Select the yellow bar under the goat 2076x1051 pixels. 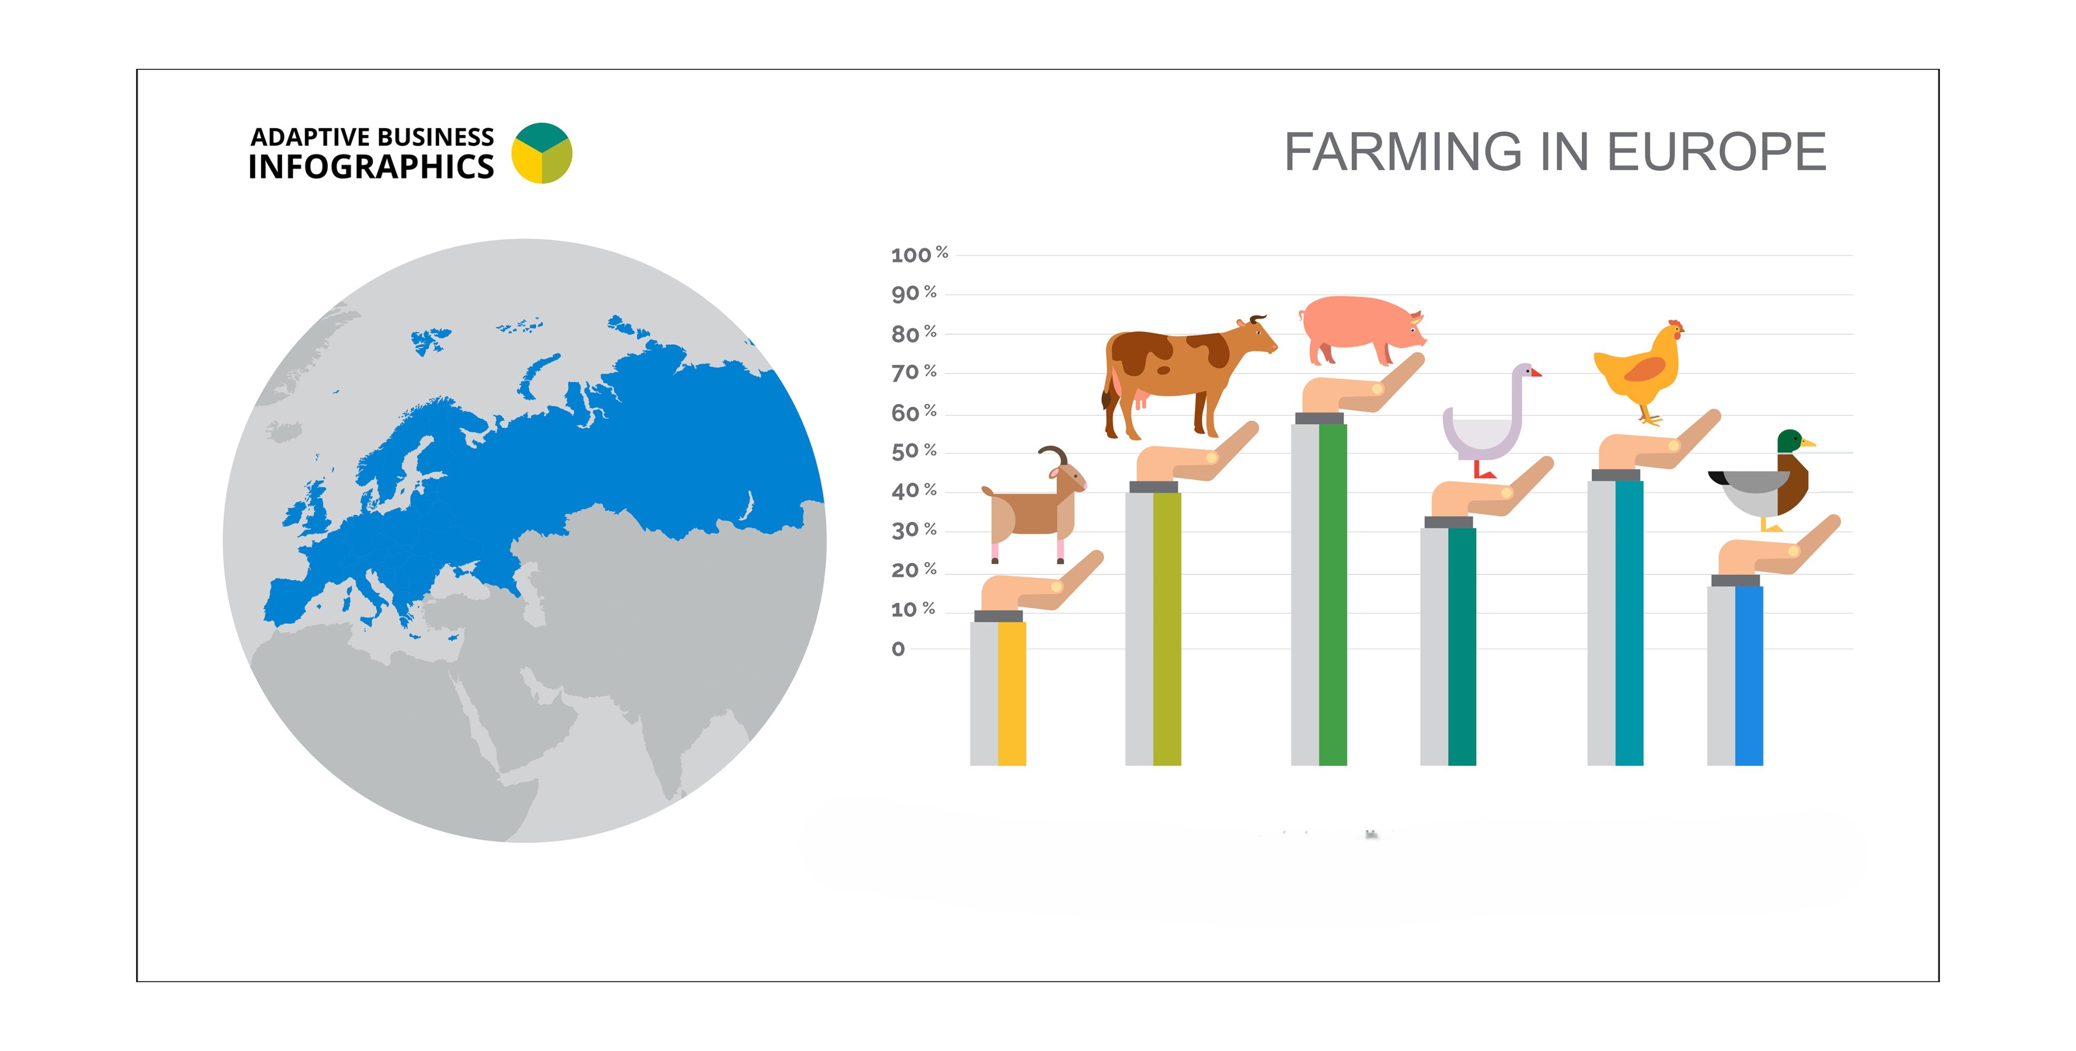click(x=1011, y=693)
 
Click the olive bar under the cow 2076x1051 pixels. click(x=1167, y=628)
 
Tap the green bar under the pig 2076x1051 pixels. click(x=1333, y=594)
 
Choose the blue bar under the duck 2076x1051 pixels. click(x=1749, y=675)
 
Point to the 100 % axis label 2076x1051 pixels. click(x=919, y=255)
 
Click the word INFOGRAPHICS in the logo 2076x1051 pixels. click(x=371, y=167)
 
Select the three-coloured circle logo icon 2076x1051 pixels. click(x=542, y=152)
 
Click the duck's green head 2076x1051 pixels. click(x=1791, y=441)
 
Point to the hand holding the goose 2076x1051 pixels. click(x=1491, y=492)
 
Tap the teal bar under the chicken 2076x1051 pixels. click(x=1629, y=623)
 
